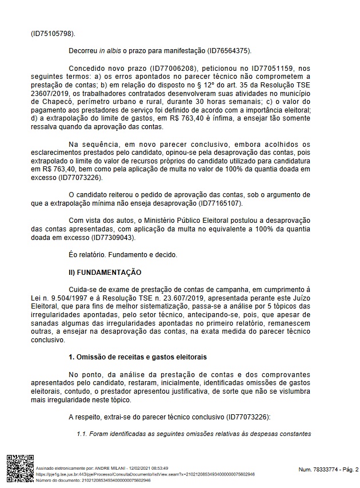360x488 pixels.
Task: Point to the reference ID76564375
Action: click(226, 51)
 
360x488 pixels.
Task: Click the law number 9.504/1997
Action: click(67, 298)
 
